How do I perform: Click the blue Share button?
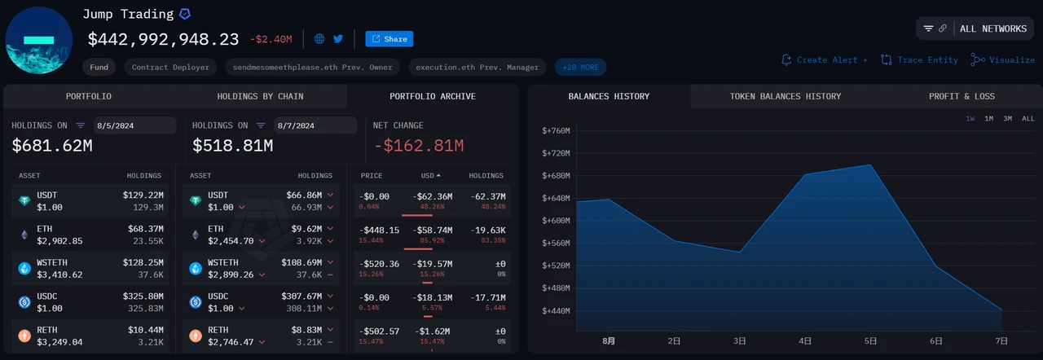389,39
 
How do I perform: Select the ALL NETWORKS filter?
975,29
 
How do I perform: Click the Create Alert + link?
825,60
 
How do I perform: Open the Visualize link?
1003,60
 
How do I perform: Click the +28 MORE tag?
580,67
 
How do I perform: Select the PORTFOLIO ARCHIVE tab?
433,96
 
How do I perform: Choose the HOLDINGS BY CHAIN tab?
260,96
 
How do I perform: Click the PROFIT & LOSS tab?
962,96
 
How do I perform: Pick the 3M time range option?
1008,119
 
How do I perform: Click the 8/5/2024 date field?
134,125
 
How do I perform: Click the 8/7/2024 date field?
315,125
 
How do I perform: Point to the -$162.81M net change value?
419,147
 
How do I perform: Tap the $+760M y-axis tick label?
555,130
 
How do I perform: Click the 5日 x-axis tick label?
870,341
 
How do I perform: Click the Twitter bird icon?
338,38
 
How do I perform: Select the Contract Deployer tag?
170,67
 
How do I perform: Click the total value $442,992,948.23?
163,39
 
